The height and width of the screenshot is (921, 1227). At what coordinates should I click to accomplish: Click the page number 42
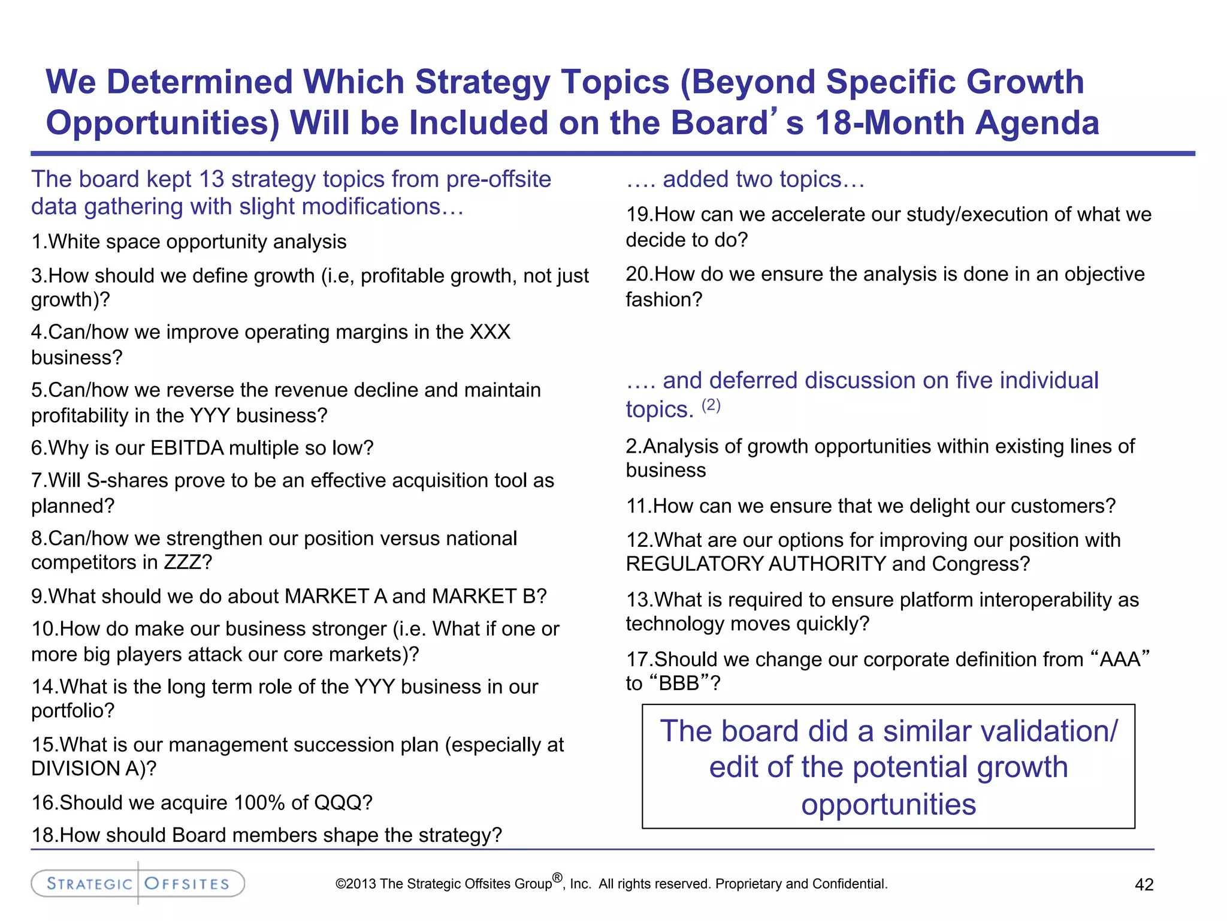point(1144,884)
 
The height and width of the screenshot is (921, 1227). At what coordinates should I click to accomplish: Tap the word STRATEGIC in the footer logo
point(89,884)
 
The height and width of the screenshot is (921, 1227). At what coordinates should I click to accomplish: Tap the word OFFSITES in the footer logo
point(187,884)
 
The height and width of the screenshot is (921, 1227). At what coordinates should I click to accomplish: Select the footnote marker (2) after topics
point(711,405)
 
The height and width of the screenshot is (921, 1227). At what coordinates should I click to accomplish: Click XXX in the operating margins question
point(489,332)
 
